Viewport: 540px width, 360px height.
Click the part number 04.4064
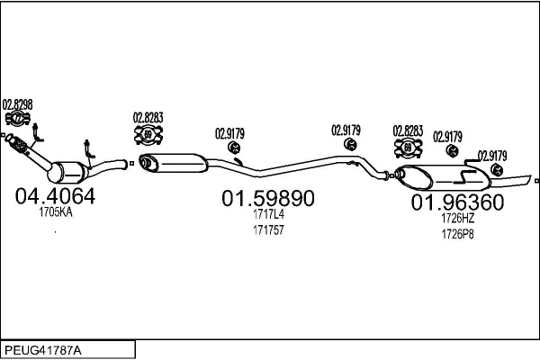tap(55, 196)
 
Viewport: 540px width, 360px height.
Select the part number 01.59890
tap(268, 198)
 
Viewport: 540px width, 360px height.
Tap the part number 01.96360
tap(457, 202)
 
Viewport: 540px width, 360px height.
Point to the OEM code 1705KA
tap(56, 212)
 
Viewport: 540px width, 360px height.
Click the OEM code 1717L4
tap(268, 214)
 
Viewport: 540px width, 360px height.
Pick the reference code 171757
tap(268, 229)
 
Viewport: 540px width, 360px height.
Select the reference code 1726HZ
tap(458, 218)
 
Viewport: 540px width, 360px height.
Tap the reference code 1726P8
tap(458, 234)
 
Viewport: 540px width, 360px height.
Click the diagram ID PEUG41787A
tap(43, 350)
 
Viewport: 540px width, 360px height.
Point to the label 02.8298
tap(18, 104)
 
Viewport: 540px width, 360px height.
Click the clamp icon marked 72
tap(18, 118)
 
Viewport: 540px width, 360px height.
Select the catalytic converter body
tap(67, 172)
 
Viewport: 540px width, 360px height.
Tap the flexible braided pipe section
tap(18, 145)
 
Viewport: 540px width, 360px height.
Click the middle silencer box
tap(173, 163)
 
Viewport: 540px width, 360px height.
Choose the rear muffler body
tap(443, 178)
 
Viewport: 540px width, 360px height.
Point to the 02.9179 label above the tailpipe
tap(492, 156)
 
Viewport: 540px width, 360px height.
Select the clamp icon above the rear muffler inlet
tap(408, 148)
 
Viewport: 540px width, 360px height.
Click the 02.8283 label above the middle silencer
tap(148, 118)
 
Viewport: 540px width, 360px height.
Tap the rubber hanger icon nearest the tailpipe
tap(496, 169)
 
